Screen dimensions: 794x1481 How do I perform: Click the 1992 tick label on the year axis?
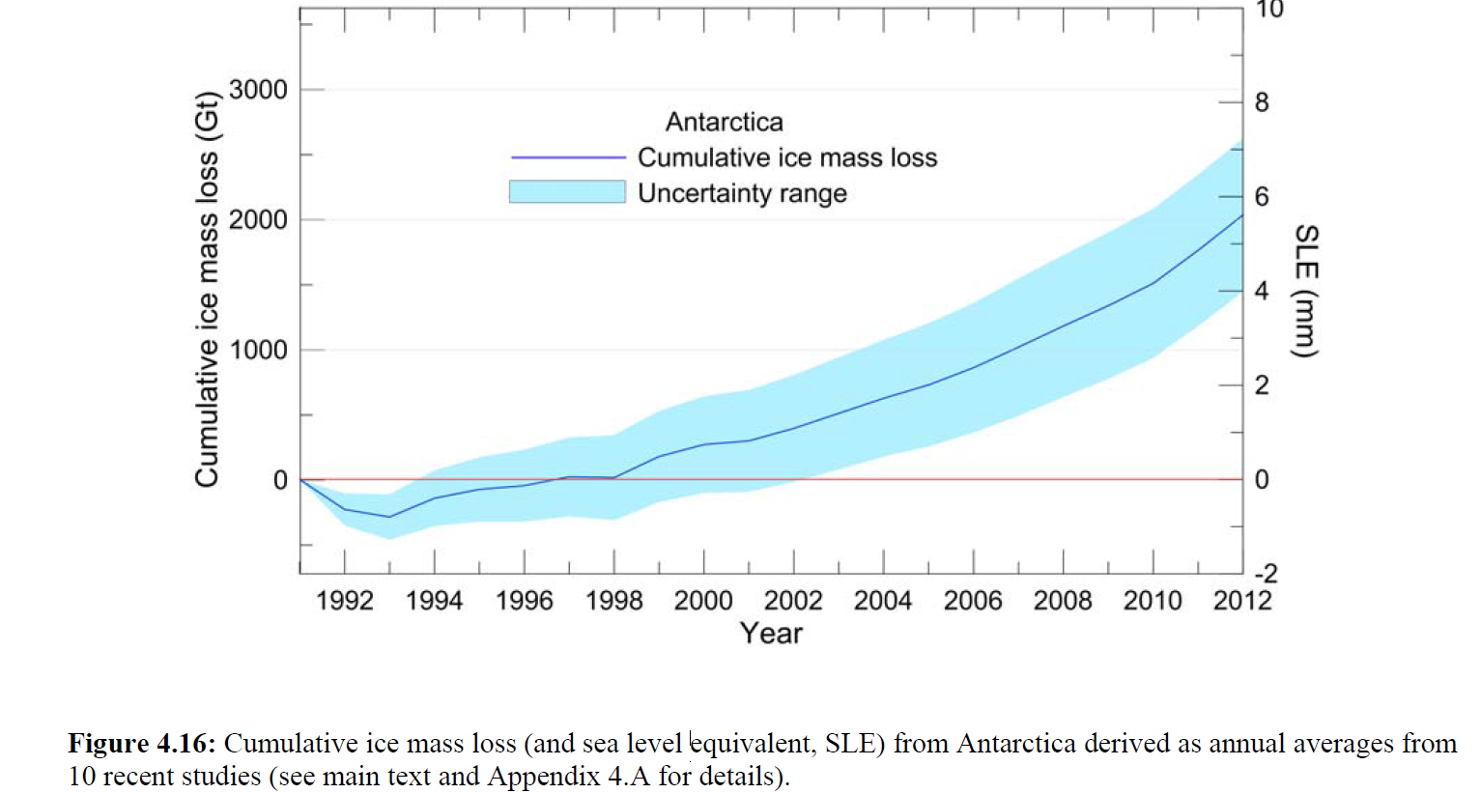tap(345, 601)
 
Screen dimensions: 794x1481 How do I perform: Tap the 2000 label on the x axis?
tap(703, 601)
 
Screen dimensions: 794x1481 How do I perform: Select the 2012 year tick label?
tap(1242, 601)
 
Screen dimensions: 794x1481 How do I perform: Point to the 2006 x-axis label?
tap(973, 601)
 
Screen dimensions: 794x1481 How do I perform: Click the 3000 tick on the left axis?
tap(259, 90)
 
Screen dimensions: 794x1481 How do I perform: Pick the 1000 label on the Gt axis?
tap(259, 350)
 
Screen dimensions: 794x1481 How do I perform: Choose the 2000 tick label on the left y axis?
tap(259, 220)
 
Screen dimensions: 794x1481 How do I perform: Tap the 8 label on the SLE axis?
tap(1262, 102)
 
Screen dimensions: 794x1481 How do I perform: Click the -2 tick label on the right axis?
tap(1266, 574)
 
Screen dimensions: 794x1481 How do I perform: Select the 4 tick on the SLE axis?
tap(1262, 291)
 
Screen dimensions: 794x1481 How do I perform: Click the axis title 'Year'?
tap(771, 634)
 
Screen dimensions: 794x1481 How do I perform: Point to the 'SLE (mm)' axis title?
tap(1306, 291)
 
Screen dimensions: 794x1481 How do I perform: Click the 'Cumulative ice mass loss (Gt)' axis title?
tap(207, 290)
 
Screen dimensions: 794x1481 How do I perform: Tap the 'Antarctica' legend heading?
tap(725, 123)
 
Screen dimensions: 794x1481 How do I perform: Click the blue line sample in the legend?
tap(568, 157)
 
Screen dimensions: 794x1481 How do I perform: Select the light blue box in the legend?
tap(567, 192)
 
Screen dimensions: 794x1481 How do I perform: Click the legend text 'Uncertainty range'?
tap(742, 193)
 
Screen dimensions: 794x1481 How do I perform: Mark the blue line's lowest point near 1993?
tap(389, 517)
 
